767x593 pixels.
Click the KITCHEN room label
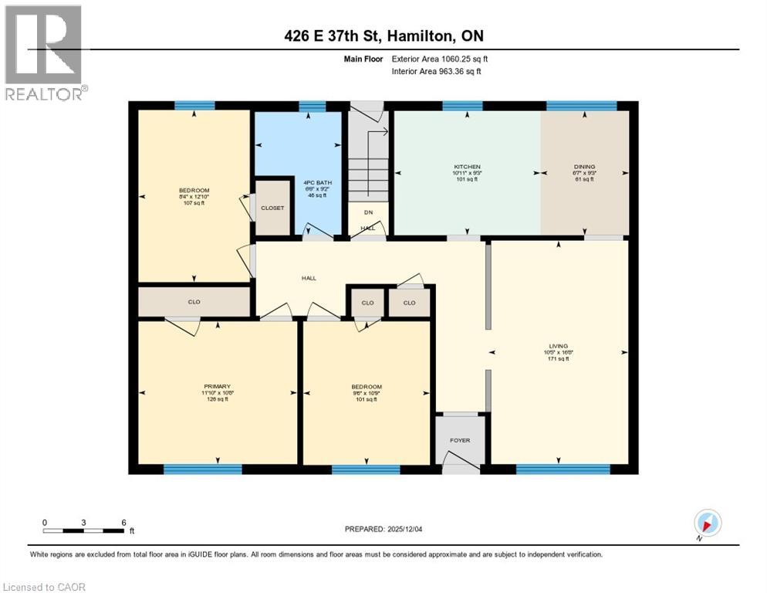click(x=467, y=167)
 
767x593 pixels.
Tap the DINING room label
click(x=583, y=167)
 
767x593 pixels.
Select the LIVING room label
click(x=558, y=346)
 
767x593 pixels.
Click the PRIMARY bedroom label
click(x=217, y=386)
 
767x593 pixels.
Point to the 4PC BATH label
click(x=313, y=183)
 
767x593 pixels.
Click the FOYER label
click(x=460, y=440)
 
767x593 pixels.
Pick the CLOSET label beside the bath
click(x=272, y=208)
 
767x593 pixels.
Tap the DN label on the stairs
click(x=368, y=212)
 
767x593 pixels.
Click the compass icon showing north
click(x=708, y=522)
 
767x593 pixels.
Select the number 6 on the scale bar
click(x=123, y=522)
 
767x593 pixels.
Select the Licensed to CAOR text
click(x=44, y=587)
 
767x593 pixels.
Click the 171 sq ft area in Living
click(x=558, y=359)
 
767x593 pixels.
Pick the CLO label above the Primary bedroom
click(x=194, y=302)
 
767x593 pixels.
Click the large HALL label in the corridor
click(x=309, y=278)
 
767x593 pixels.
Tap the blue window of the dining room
click(x=581, y=106)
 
